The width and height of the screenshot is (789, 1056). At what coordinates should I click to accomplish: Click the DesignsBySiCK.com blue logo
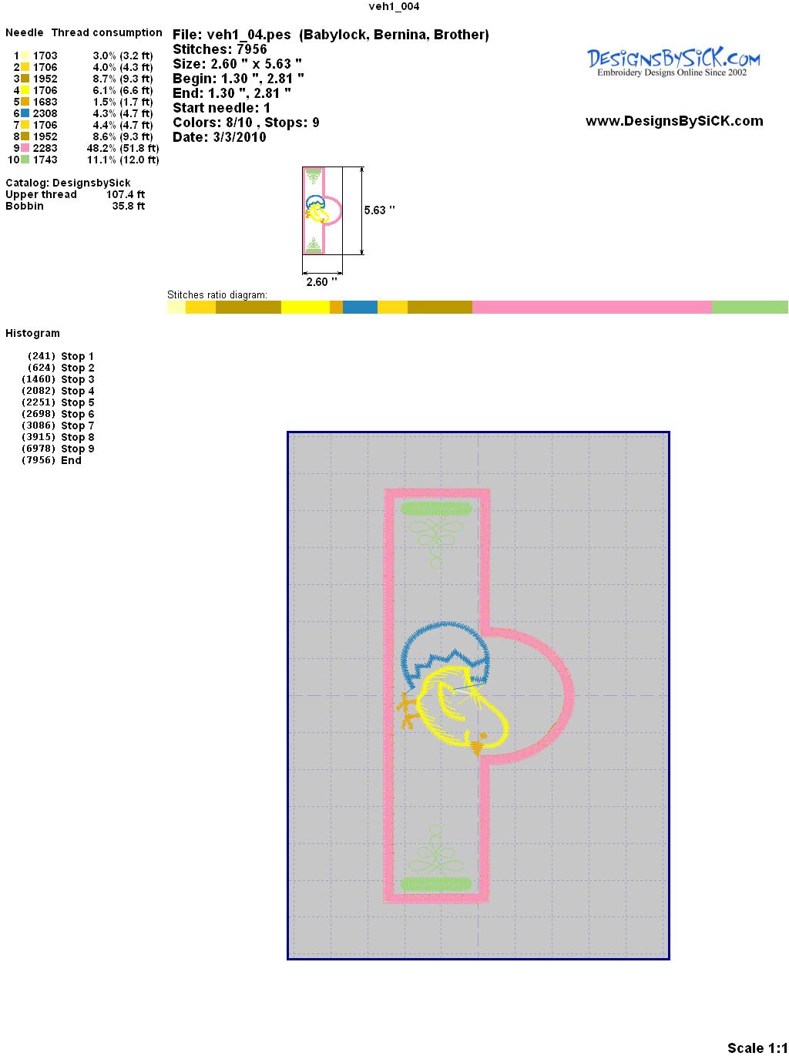[x=673, y=62]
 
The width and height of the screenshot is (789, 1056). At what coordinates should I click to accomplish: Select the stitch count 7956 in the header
[x=251, y=49]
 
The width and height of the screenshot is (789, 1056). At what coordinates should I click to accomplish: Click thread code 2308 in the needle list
[x=45, y=113]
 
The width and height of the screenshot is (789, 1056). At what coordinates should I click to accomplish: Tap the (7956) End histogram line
[x=52, y=460]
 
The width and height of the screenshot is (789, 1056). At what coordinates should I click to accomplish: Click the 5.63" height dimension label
[x=379, y=210]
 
